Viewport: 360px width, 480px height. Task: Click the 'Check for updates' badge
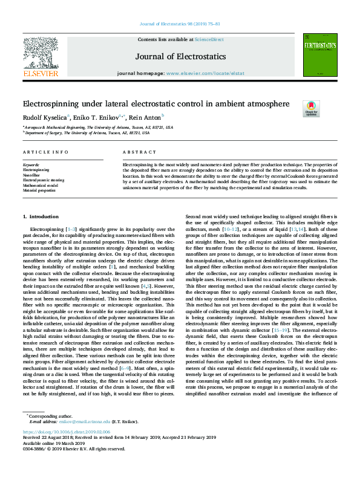(310, 108)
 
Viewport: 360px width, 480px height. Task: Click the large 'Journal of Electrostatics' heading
(180, 56)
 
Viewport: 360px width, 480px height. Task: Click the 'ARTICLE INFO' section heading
(42, 152)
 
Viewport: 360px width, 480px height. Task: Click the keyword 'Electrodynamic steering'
(43, 180)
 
